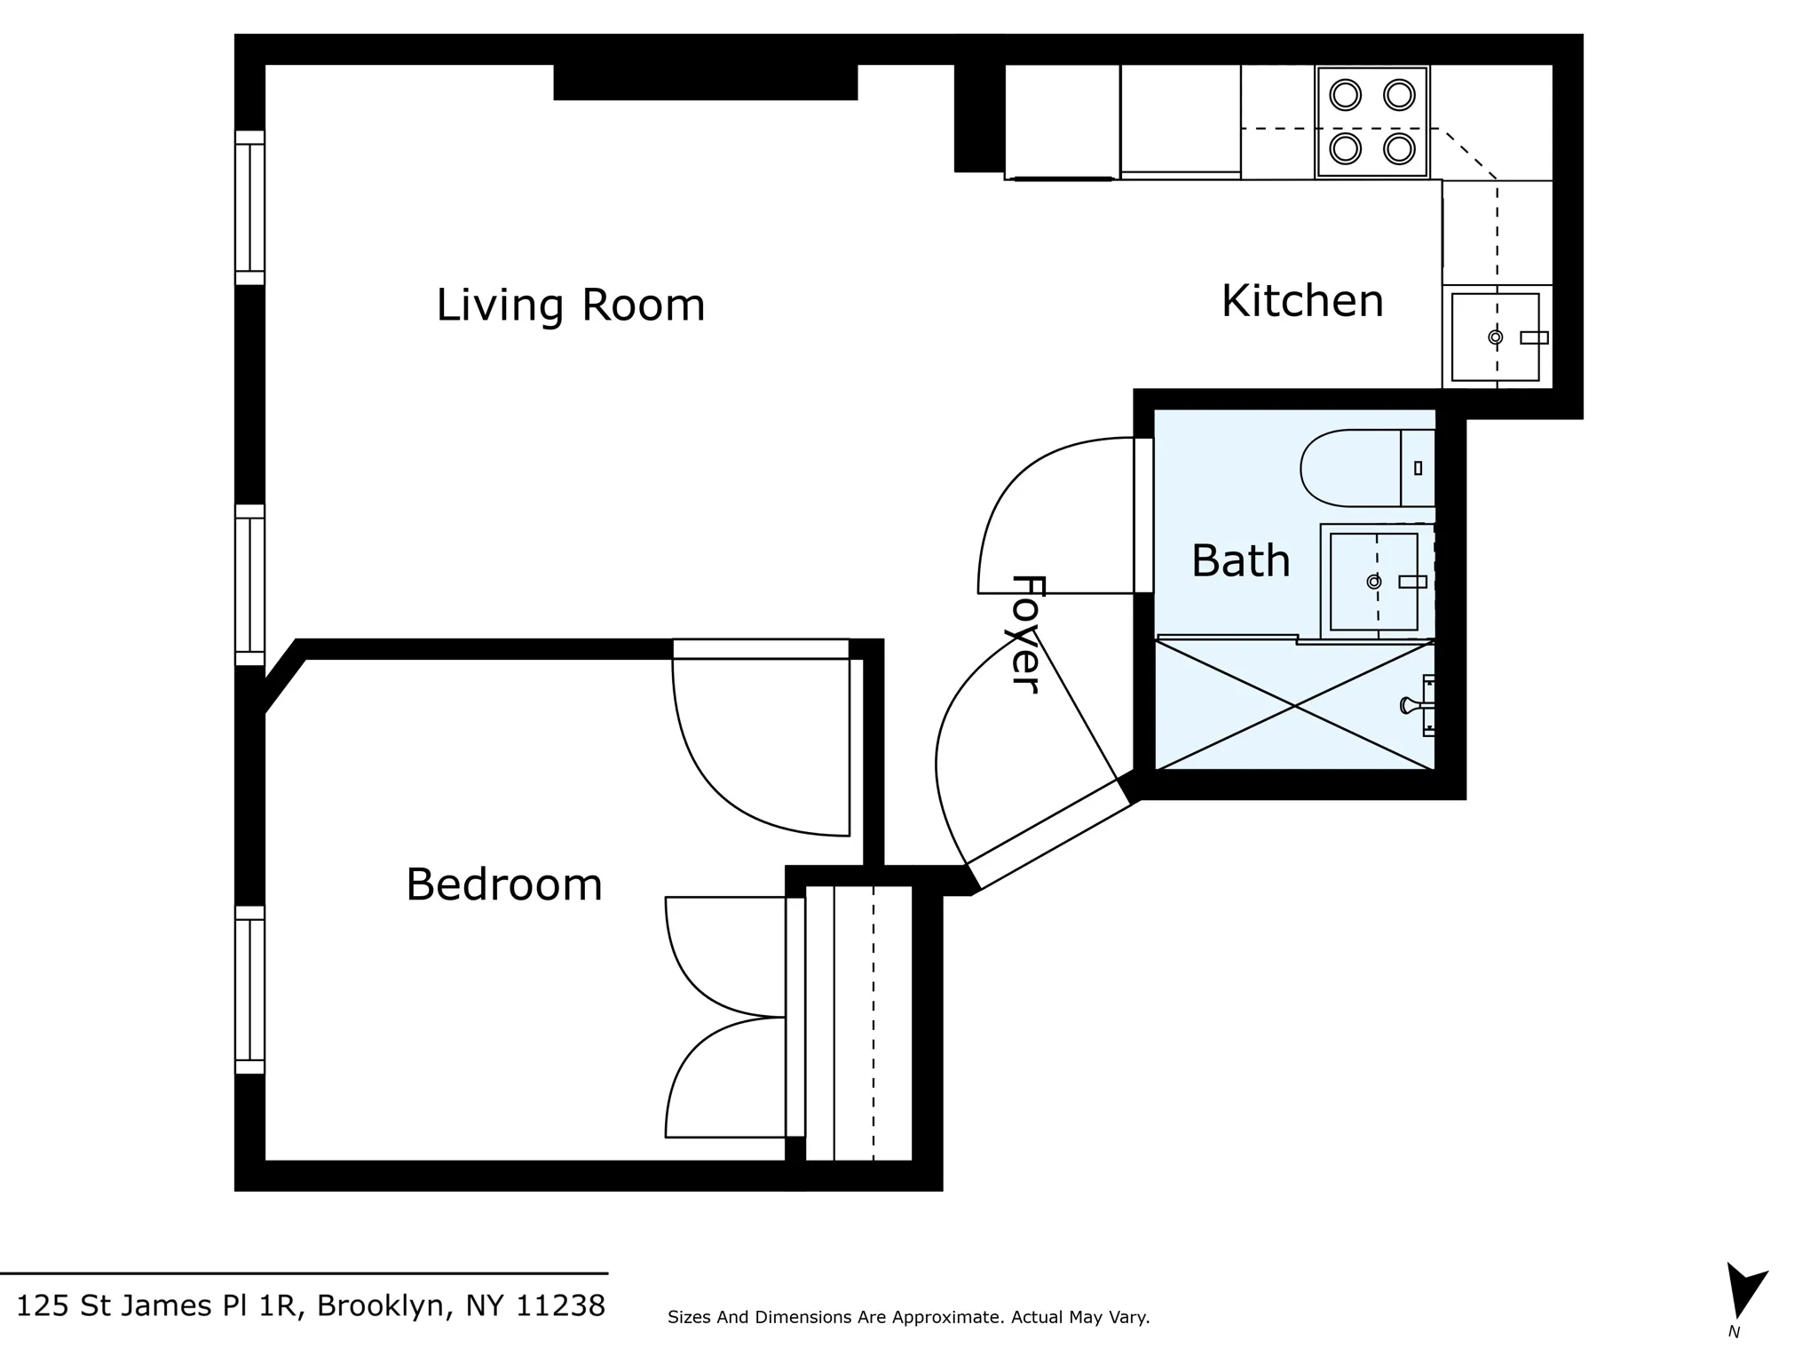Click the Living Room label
(x=570, y=305)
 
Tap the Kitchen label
(x=1301, y=301)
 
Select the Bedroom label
(x=503, y=884)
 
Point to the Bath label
(x=1240, y=561)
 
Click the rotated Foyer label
(x=1025, y=634)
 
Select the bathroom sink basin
(x=1373, y=582)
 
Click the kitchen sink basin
(x=1495, y=337)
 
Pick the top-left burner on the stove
(x=1346, y=95)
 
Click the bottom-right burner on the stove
(x=1399, y=148)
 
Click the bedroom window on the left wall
(x=250, y=989)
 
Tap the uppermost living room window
(x=250, y=208)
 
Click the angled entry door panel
(x=1047, y=832)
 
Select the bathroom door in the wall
(x=1143, y=515)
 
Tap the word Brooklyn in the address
(x=380, y=1306)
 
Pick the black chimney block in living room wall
(x=705, y=82)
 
